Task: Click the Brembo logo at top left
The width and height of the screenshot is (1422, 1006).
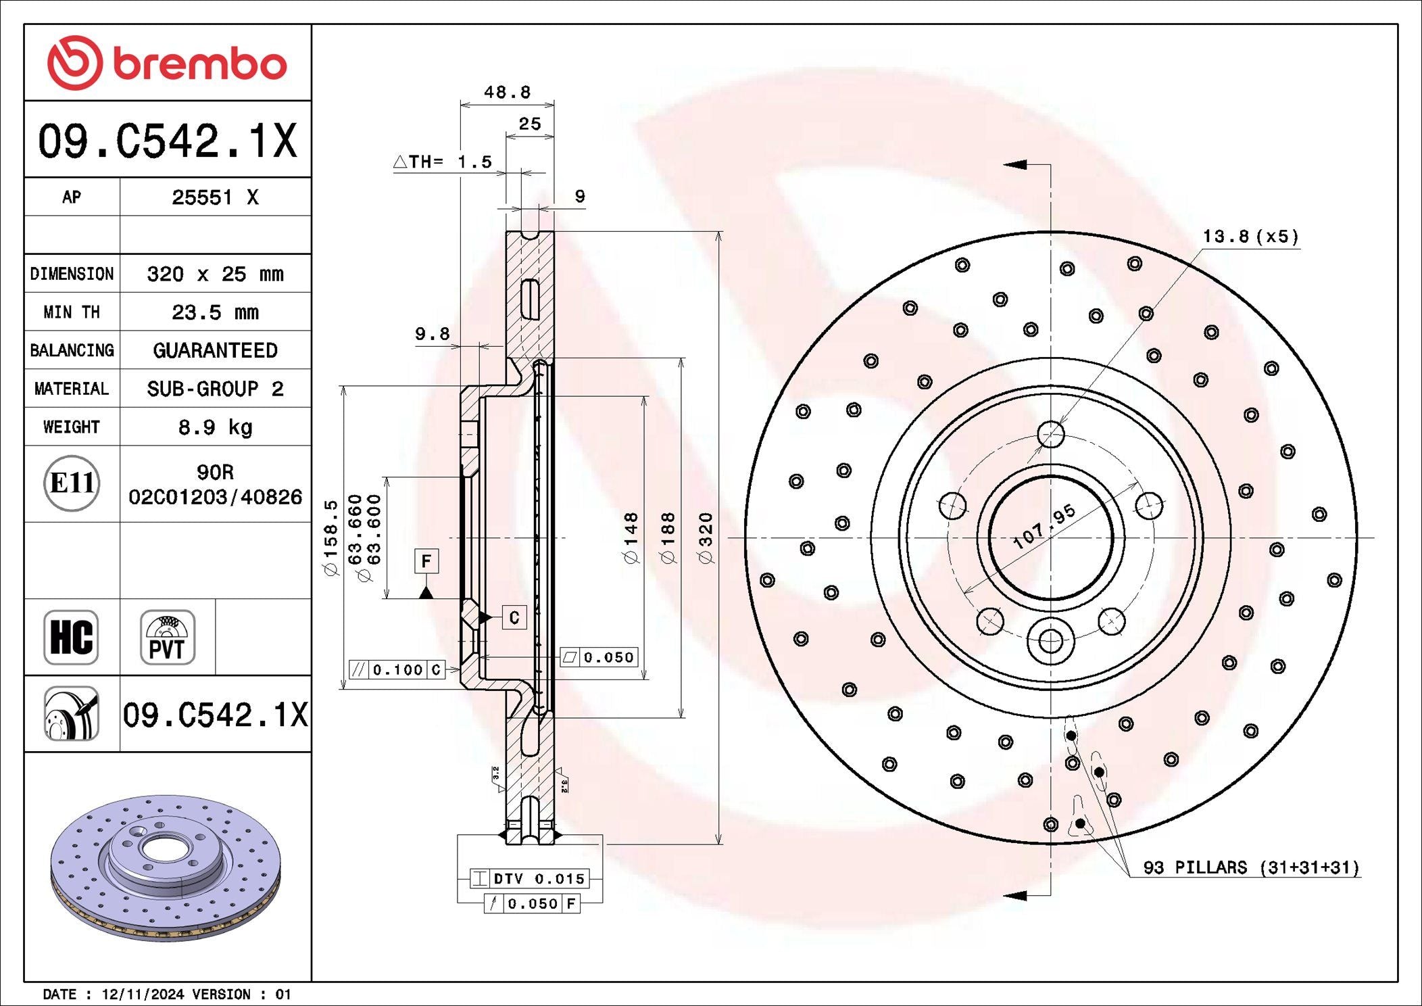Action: click(x=167, y=63)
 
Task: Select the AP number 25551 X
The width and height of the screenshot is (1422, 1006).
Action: click(x=215, y=197)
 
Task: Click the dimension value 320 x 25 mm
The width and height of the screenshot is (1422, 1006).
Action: click(x=215, y=274)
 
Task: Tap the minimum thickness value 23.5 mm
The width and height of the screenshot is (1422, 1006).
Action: click(x=215, y=312)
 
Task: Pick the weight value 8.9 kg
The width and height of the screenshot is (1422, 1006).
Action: click(x=215, y=427)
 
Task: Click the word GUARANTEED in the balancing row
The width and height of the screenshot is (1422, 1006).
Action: click(x=215, y=350)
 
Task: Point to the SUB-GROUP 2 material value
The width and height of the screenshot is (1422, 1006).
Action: click(x=215, y=389)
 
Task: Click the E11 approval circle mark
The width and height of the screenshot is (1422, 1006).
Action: click(x=72, y=483)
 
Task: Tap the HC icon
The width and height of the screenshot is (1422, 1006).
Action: click(x=71, y=638)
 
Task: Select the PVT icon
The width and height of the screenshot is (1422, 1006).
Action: click(x=167, y=638)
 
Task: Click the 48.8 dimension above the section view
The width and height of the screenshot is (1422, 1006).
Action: click(x=507, y=92)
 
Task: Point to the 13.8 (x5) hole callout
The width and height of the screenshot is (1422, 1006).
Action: click(x=1250, y=237)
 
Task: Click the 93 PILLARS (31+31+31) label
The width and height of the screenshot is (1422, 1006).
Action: click(x=1250, y=867)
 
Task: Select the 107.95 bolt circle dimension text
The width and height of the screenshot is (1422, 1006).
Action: click(x=1044, y=526)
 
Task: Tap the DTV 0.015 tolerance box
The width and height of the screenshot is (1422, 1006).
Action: click(x=529, y=878)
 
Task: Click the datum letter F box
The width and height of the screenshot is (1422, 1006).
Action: click(x=426, y=561)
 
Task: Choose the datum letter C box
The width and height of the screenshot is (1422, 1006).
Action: click(x=514, y=617)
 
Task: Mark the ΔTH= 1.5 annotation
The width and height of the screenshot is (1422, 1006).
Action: click(x=443, y=162)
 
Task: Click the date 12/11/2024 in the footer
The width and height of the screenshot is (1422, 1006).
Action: click(x=143, y=995)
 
